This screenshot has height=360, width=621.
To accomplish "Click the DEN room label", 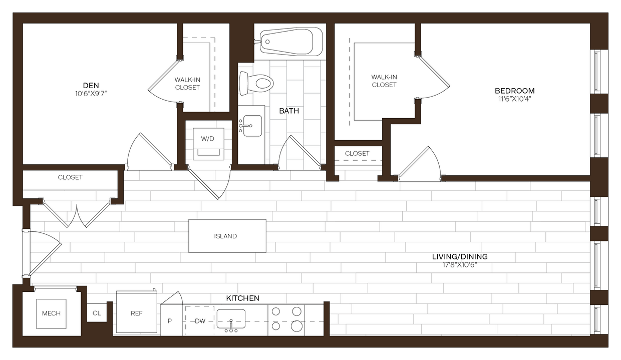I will click(x=91, y=85).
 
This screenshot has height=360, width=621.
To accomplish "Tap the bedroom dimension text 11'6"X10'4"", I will click(x=514, y=99).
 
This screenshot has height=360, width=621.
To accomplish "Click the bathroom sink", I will click(x=252, y=125).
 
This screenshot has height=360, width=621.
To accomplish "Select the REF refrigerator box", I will click(x=137, y=313).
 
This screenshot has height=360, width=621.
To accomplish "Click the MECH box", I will click(x=51, y=314).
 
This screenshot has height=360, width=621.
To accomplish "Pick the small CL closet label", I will click(x=97, y=313).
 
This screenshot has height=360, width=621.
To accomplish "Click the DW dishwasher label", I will click(x=200, y=320).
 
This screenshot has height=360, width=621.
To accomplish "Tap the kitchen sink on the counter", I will click(x=231, y=319).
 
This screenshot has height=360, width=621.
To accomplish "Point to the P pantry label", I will click(x=170, y=320).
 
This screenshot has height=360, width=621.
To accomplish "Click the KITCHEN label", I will click(x=243, y=298).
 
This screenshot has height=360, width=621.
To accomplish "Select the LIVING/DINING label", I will click(x=460, y=257).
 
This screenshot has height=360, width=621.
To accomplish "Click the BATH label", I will click(x=289, y=111).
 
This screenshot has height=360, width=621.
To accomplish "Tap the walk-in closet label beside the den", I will click(x=187, y=84).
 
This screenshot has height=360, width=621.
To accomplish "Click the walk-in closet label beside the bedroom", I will click(x=384, y=81).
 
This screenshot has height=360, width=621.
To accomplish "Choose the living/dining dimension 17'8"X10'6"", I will click(x=460, y=265).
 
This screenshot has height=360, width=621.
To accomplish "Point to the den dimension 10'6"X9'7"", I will click(x=91, y=93).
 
